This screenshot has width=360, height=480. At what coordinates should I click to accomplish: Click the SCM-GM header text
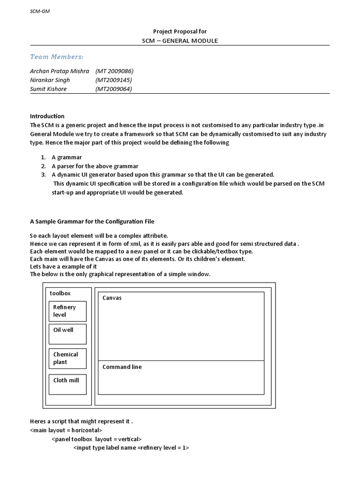(x=40, y=11)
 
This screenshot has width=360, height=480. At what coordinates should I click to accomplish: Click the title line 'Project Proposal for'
(x=180, y=31)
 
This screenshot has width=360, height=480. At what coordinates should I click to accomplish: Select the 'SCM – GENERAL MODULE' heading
(x=180, y=41)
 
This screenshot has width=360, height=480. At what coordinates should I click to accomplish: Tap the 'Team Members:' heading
(x=57, y=57)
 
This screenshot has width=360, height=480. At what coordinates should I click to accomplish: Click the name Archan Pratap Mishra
(x=60, y=71)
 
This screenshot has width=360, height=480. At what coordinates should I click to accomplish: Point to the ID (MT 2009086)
(x=114, y=71)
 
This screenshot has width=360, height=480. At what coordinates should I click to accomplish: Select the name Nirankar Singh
(x=50, y=80)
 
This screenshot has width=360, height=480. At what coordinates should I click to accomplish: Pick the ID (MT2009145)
(x=113, y=80)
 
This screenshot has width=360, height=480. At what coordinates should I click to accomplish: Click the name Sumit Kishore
(x=48, y=89)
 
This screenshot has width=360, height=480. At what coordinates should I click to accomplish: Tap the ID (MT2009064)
(x=113, y=89)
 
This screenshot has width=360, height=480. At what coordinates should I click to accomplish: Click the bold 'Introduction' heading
(x=47, y=116)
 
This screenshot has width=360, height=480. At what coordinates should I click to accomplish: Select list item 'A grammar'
(x=67, y=157)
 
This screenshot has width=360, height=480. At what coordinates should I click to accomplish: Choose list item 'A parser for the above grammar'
(x=95, y=166)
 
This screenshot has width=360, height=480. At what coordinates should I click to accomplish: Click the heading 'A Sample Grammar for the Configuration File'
(x=92, y=221)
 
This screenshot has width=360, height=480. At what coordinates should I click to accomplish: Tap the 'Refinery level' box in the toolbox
(x=67, y=311)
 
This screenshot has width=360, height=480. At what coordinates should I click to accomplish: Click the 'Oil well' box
(x=67, y=334)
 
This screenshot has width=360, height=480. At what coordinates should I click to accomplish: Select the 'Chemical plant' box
(x=67, y=359)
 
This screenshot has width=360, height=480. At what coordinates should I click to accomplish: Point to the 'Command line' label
(x=122, y=367)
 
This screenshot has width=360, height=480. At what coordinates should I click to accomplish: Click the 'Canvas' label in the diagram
(x=112, y=298)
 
